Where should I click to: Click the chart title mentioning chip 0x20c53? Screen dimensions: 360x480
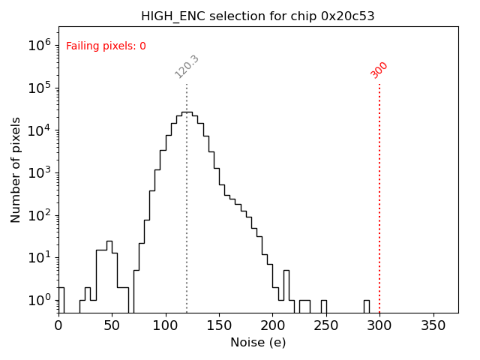257,16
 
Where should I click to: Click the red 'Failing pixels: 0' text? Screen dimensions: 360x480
106,46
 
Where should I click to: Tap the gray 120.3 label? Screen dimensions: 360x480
187,67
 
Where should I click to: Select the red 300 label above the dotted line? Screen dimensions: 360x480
379,70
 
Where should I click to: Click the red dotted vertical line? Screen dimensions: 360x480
379,195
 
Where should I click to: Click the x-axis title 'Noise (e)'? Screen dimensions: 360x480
257,343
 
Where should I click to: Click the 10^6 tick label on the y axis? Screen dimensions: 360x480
39,45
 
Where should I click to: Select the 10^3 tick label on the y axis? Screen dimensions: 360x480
39,172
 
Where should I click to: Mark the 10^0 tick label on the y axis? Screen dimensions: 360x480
39,300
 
